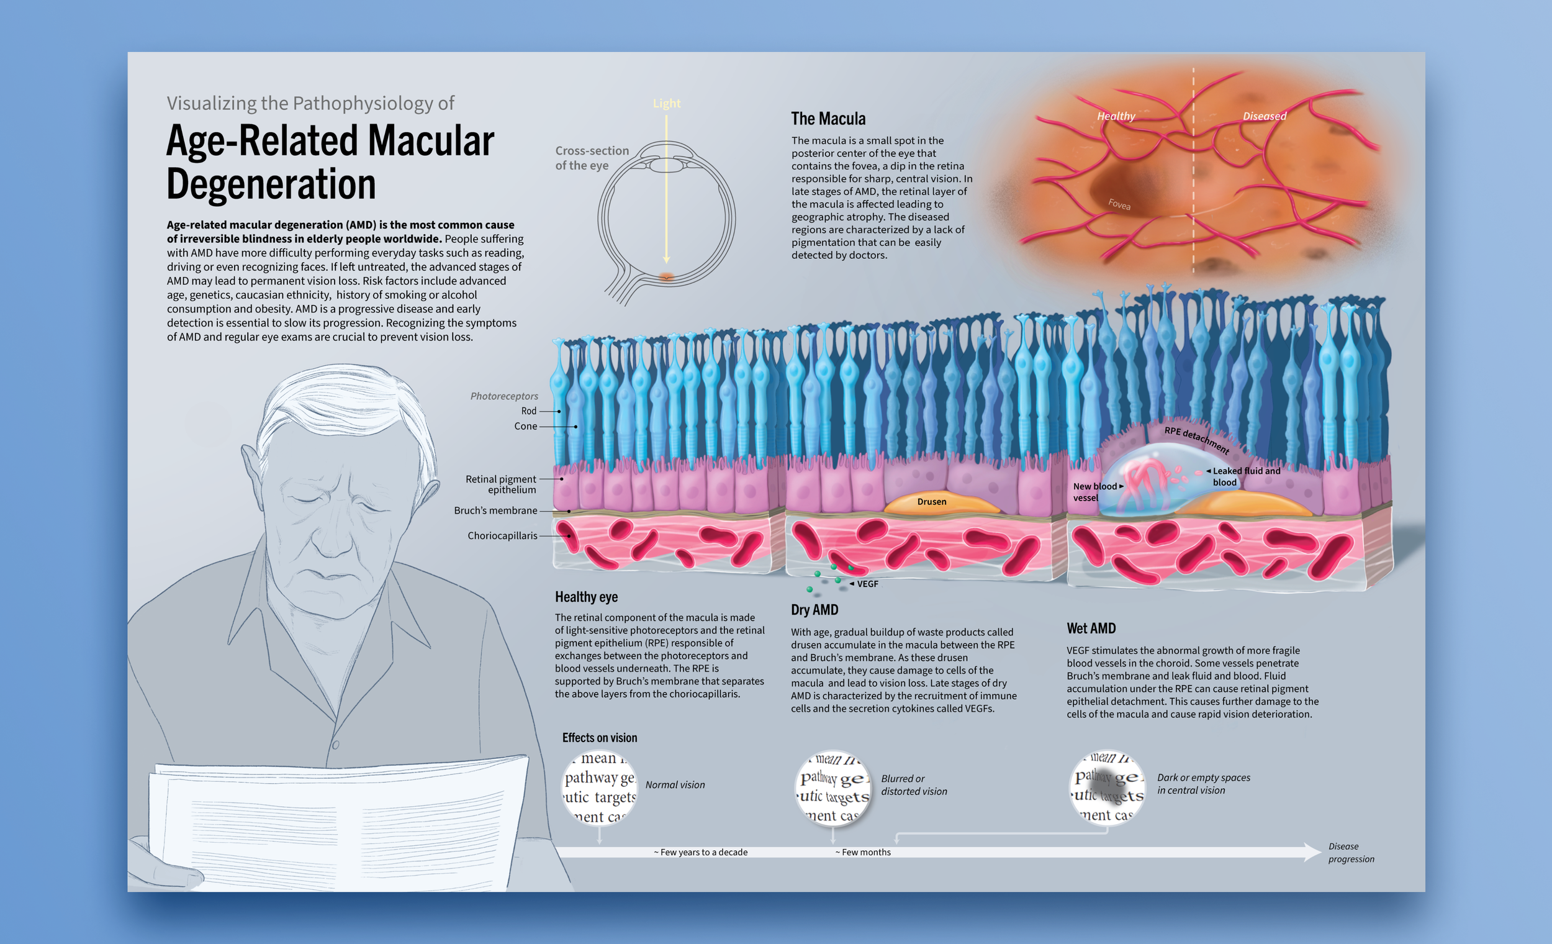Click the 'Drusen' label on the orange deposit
pos(932,502)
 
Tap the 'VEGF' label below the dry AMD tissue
pos(867,584)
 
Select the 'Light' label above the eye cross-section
pos(666,103)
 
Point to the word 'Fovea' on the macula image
pos(1119,204)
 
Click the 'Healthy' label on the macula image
pos(1116,116)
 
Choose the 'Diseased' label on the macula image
pos(1264,116)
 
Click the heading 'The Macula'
pos(828,119)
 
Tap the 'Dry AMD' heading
pos(814,609)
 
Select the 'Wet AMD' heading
pos(1091,629)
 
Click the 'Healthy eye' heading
pos(586,597)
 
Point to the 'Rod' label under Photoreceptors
pos(528,411)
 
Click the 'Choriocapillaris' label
pos(502,535)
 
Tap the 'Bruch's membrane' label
pos(495,511)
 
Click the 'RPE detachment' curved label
pos(1196,438)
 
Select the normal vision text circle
pos(599,787)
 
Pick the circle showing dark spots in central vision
pos(1107,787)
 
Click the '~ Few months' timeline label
pos(863,852)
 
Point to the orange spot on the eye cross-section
pos(666,276)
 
